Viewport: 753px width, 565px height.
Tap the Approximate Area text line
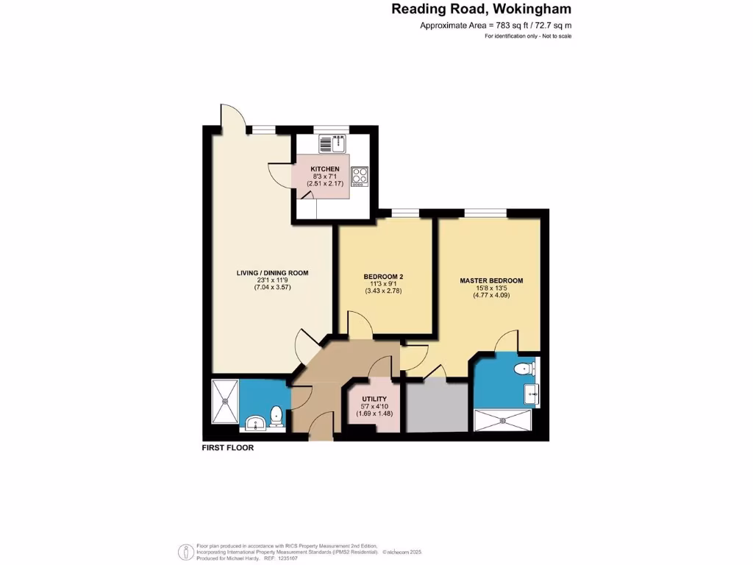[495, 26]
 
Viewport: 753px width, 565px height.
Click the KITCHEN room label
[325, 169]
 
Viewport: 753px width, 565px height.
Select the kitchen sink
[333, 142]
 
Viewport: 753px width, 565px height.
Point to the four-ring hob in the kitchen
[360, 176]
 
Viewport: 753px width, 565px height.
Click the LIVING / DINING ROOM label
[272, 273]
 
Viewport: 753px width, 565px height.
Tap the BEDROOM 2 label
[383, 277]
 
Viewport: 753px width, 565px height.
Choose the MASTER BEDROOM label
[491, 280]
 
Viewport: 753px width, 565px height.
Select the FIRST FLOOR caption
[228, 447]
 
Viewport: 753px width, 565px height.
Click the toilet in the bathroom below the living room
[276, 416]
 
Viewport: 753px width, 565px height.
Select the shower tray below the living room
[224, 402]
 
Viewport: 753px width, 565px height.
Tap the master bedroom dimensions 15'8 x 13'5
[491, 288]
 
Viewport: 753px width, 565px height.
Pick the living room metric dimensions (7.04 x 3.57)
[272, 288]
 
